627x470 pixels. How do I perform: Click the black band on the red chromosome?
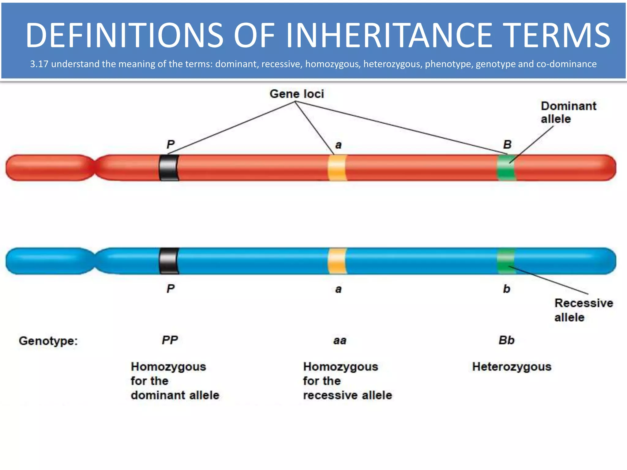169,168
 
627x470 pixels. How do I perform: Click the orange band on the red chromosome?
337,168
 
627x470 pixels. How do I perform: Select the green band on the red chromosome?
506,168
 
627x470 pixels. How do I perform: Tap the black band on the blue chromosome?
169,261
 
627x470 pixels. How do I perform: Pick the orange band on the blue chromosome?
337,261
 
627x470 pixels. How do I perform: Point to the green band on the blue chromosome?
506,261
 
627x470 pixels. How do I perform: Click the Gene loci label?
296,94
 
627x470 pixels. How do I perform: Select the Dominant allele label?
568,112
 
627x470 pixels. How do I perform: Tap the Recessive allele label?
583,310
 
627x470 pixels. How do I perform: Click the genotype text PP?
170,340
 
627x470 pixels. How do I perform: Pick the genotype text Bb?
506,340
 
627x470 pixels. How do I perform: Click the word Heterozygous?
512,367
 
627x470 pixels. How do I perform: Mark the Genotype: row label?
48,341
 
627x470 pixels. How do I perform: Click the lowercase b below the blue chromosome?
506,289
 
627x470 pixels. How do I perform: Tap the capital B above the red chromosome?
507,144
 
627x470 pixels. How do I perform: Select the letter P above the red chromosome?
171,144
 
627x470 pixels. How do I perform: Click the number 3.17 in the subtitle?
39,64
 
